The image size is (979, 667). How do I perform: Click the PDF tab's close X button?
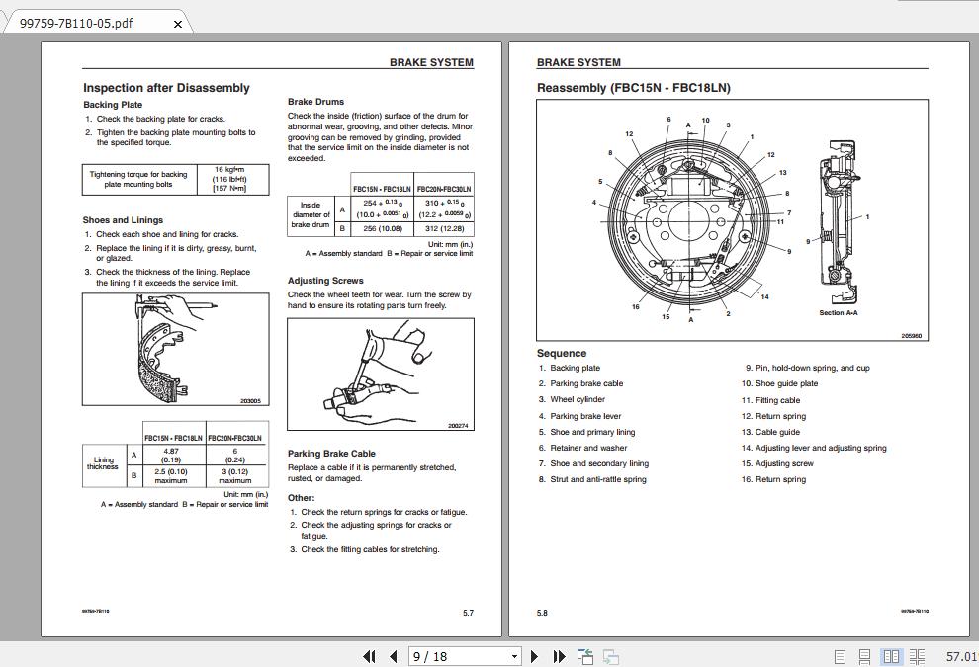click(178, 24)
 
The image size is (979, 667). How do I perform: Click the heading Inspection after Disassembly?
click(166, 88)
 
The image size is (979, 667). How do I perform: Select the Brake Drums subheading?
click(315, 102)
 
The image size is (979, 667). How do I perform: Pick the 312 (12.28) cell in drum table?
click(444, 228)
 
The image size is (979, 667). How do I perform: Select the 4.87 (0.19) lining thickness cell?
click(171, 455)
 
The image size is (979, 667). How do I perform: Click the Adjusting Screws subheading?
click(325, 281)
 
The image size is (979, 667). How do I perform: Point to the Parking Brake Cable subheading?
click(331, 454)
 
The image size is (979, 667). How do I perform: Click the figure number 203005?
click(250, 401)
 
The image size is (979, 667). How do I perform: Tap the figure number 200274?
click(458, 426)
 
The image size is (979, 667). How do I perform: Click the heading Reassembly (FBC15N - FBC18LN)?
click(633, 88)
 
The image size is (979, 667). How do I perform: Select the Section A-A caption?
click(838, 313)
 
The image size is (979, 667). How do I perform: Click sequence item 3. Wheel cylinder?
click(578, 400)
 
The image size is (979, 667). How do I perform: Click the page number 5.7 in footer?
click(468, 613)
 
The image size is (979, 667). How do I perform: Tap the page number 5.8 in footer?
click(542, 613)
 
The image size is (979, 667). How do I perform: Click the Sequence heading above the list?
click(562, 353)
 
